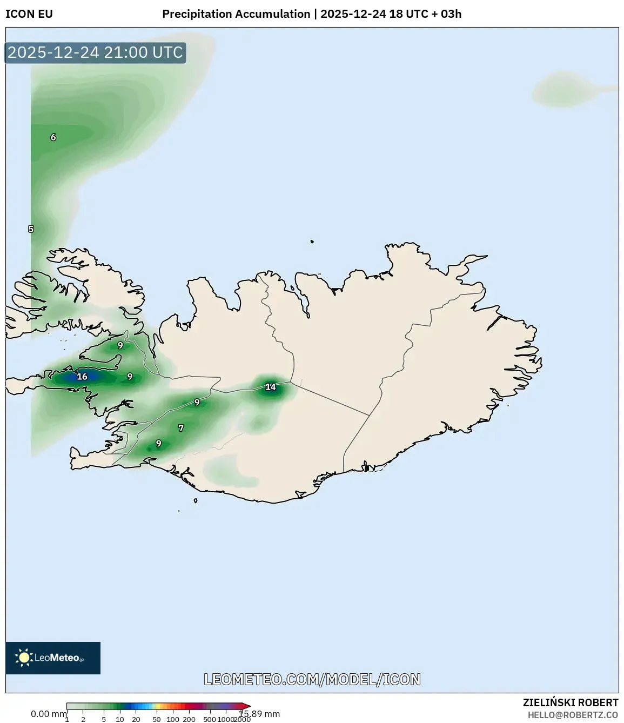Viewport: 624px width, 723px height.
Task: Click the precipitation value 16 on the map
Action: (82, 377)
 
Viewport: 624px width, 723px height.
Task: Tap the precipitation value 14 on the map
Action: (271, 387)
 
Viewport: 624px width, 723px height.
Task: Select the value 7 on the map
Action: (181, 428)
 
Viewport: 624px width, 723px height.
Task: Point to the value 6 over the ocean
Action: (53, 137)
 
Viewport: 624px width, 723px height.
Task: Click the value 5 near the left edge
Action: (31, 229)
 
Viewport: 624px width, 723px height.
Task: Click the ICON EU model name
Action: (29, 14)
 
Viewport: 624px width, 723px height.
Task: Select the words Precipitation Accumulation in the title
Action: (236, 14)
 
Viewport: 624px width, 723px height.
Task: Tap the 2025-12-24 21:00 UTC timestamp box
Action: (95, 52)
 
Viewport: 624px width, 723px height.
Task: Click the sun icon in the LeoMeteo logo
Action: (24, 658)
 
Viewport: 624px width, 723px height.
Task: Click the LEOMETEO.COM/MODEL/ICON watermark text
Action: (312, 679)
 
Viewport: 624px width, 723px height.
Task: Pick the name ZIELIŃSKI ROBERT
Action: (571, 702)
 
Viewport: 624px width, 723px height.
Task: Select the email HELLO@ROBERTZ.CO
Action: (573, 715)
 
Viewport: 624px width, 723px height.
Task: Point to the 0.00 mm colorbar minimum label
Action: (48, 714)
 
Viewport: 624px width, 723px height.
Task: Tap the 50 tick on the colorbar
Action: (157, 719)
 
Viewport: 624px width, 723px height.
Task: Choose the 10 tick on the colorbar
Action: (120, 719)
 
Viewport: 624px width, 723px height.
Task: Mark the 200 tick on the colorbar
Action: (189, 719)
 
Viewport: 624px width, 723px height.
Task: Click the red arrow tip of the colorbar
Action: (247, 706)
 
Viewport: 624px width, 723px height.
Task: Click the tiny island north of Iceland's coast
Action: (312, 242)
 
